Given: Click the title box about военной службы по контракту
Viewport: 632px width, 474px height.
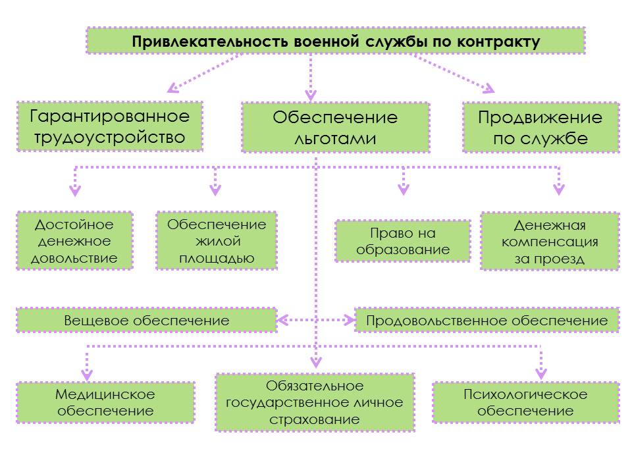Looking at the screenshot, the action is [x=336, y=41].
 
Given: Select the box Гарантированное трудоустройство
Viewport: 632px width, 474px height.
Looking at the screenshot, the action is [x=110, y=126].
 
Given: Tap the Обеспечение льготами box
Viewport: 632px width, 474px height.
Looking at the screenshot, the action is [x=335, y=128].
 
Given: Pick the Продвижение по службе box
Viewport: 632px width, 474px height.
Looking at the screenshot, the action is [x=541, y=128].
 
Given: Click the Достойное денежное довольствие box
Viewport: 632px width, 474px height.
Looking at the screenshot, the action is [x=74, y=241].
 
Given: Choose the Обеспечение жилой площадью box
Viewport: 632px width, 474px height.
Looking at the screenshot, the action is [x=217, y=241].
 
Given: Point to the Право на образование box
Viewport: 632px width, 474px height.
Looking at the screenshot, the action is [x=403, y=241].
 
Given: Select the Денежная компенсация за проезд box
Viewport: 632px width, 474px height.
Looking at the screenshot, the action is [x=550, y=241].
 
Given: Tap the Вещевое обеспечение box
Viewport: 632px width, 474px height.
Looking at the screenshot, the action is [x=147, y=321].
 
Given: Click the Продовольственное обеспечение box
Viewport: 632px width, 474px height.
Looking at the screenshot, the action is [x=487, y=321].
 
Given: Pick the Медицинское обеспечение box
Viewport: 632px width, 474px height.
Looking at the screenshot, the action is [x=105, y=402].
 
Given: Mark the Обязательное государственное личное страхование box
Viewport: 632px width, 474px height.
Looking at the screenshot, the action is [x=315, y=402].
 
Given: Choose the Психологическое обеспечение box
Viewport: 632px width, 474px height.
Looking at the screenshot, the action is [x=525, y=402].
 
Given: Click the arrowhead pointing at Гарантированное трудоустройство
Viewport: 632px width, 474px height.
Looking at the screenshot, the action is [x=172, y=88].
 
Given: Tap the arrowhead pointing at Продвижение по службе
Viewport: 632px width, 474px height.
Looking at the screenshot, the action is [x=489, y=88].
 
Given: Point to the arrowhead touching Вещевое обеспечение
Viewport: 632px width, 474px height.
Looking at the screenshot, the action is [x=282, y=321].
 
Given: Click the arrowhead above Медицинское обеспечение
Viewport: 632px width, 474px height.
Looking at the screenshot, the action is [x=87, y=375].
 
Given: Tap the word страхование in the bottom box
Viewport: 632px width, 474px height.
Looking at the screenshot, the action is [x=315, y=419].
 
